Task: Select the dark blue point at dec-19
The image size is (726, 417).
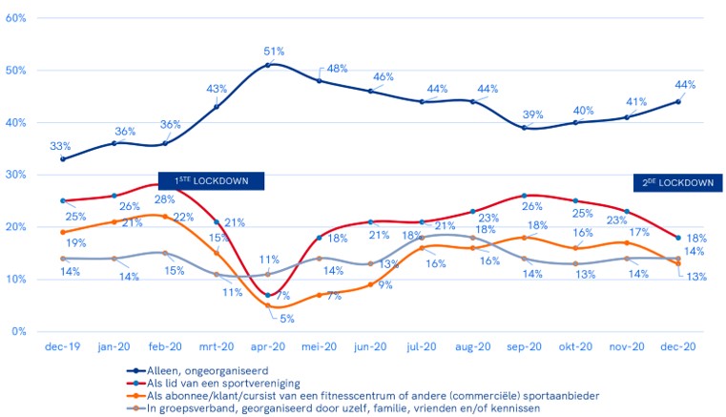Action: click(63, 158)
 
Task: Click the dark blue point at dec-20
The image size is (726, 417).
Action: click(678, 101)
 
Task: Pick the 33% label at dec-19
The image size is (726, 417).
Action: click(60, 146)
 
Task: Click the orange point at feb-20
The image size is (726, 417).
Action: click(165, 216)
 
